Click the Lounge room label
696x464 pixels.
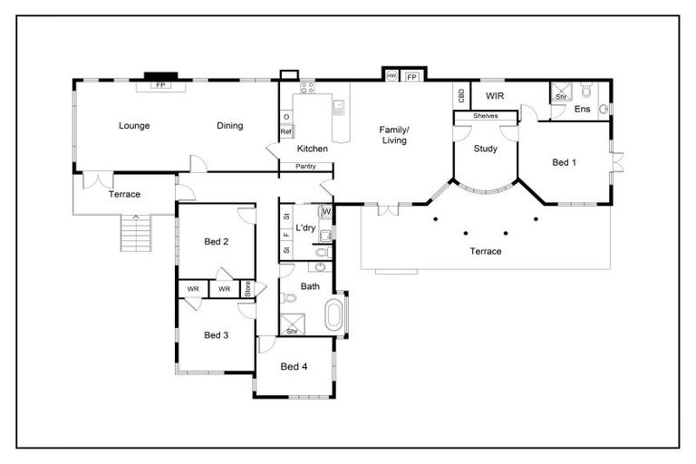pyautogui.click(x=133, y=126)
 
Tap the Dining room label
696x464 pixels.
pyautogui.click(x=229, y=126)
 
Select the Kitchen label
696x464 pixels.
pyautogui.click(x=313, y=149)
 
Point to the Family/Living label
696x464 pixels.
pyautogui.click(x=393, y=135)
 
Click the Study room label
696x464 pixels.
pyautogui.click(x=486, y=149)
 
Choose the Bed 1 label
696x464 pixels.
pyautogui.click(x=564, y=162)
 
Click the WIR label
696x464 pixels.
pyautogui.click(x=495, y=95)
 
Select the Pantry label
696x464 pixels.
pyautogui.click(x=305, y=167)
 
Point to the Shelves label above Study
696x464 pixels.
pyautogui.click(x=485, y=116)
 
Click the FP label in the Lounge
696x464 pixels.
pyautogui.click(x=161, y=86)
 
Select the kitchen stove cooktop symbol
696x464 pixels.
pyautogui.click(x=306, y=89)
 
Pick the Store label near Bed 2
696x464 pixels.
pyautogui.click(x=246, y=288)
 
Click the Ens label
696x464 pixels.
pyautogui.click(x=583, y=110)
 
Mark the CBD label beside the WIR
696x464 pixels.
pyautogui.click(x=460, y=95)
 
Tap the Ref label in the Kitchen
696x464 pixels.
pyautogui.click(x=285, y=132)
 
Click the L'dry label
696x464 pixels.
pyautogui.click(x=305, y=227)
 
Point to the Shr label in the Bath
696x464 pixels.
pyautogui.click(x=292, y=332)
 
